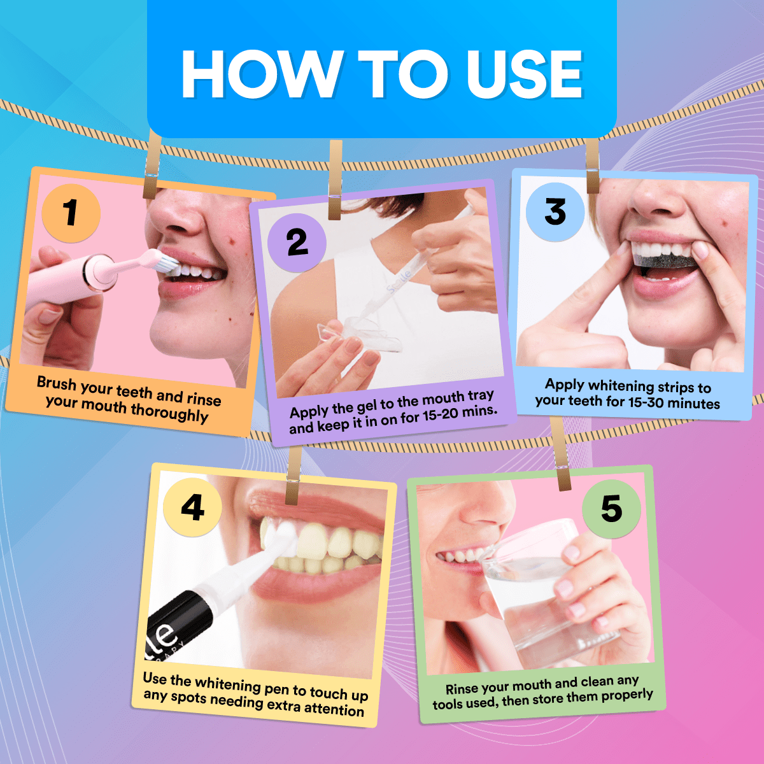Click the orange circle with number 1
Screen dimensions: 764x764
[x=71, y=212]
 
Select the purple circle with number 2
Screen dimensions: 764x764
[x=297, y=243]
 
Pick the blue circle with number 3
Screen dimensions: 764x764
[x=555, y=211]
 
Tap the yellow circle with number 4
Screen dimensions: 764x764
[x=192, y=507]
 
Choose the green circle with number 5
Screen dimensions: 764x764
[x=611, y=509]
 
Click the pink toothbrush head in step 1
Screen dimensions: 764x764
[x=153, y=261]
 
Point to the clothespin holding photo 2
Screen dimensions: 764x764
[x=335, y=180]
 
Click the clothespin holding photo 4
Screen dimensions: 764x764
[x=294, y=474]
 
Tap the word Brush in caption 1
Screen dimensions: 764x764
[x=56, y=383]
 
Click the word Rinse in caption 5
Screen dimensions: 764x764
[x=460, y=689]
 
